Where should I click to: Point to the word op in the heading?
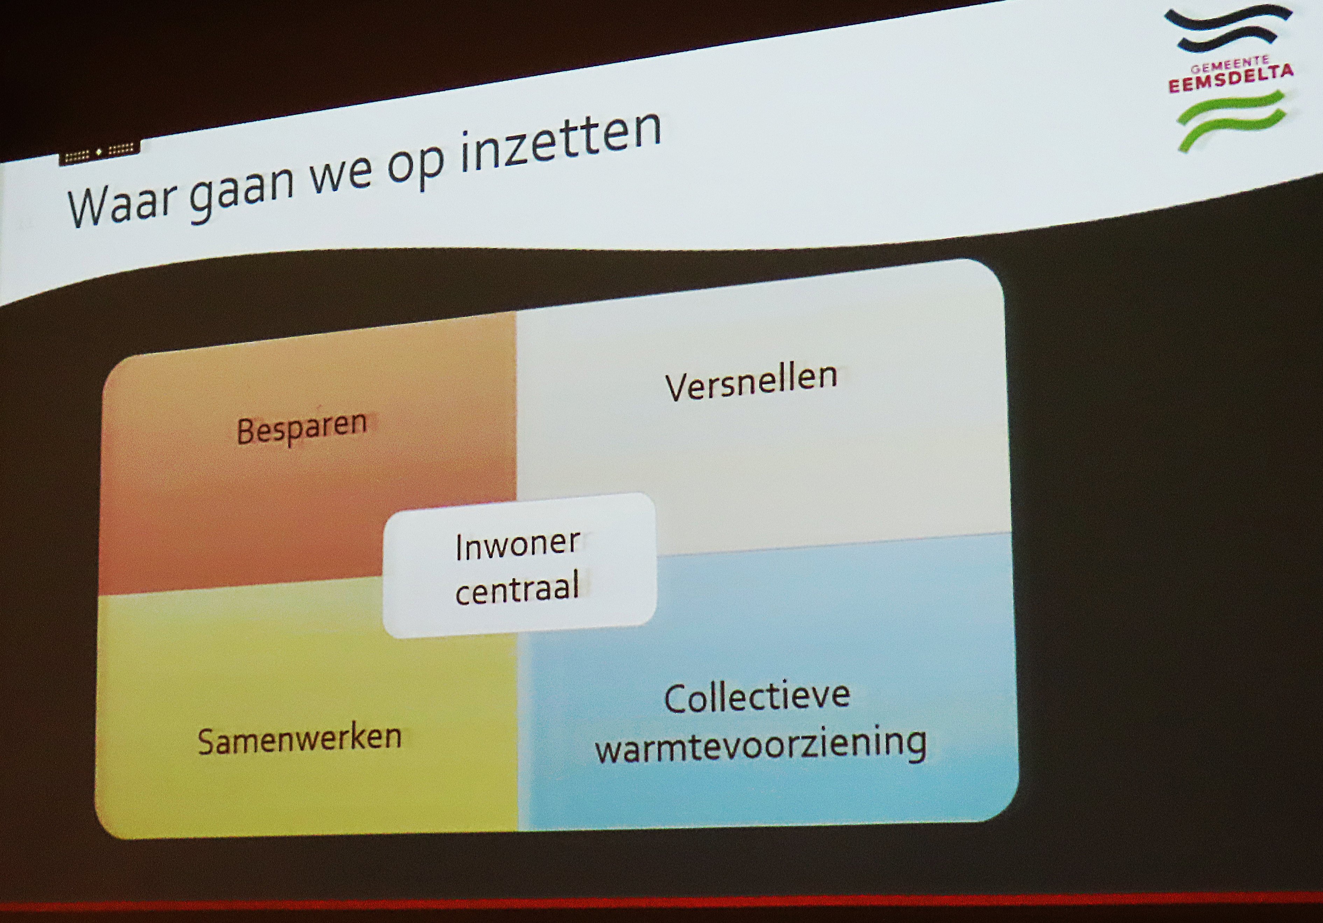tap(416, 163)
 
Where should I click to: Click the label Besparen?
tap(302, 428)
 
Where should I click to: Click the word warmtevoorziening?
tap(761, 745)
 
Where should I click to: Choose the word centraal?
tap(517, 588)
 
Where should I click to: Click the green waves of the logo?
tap(1231, 120)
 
